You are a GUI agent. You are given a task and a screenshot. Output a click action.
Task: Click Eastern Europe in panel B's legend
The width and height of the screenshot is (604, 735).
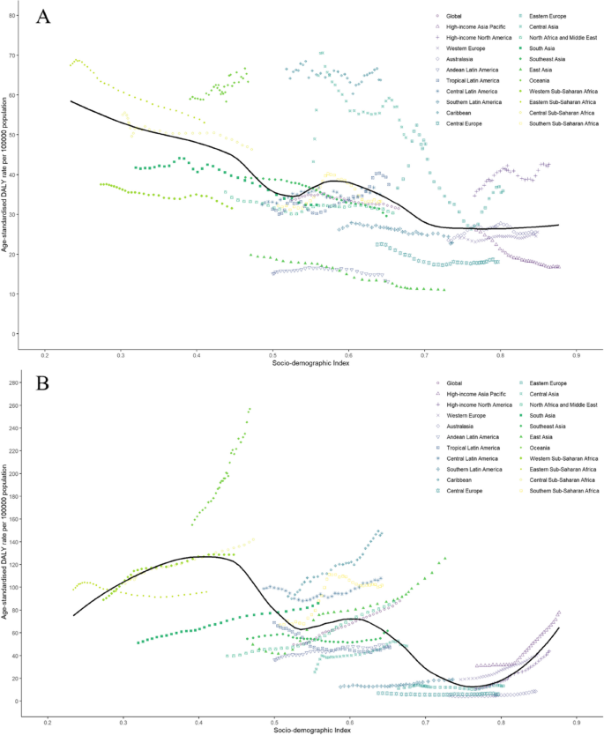pos(552,383)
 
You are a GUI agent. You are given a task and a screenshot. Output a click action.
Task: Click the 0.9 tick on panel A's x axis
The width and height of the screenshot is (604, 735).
pos(576,354)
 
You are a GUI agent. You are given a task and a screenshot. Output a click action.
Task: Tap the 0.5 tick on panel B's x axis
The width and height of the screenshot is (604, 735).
pos(273,720)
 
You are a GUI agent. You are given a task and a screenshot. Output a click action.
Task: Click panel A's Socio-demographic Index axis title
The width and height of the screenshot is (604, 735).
pos(310,364)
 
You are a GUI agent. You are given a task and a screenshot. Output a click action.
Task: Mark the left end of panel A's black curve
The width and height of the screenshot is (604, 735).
pos(71,101)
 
